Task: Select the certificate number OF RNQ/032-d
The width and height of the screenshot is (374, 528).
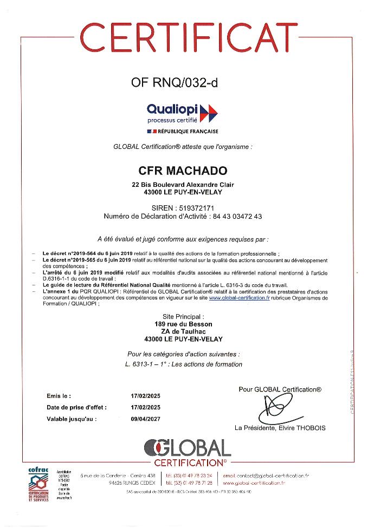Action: click(x=177, y=83)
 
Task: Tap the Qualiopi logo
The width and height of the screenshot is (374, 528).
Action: click(x=182, y=113)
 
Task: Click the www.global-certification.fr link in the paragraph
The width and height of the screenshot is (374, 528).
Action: click(x=239, y=298)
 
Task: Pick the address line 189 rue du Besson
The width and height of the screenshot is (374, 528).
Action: click(x=183, y=324)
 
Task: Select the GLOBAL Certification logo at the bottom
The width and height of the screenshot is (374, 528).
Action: click(x=187, y=453)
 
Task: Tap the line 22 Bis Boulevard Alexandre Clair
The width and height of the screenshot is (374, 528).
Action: click(x=183, y=185)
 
